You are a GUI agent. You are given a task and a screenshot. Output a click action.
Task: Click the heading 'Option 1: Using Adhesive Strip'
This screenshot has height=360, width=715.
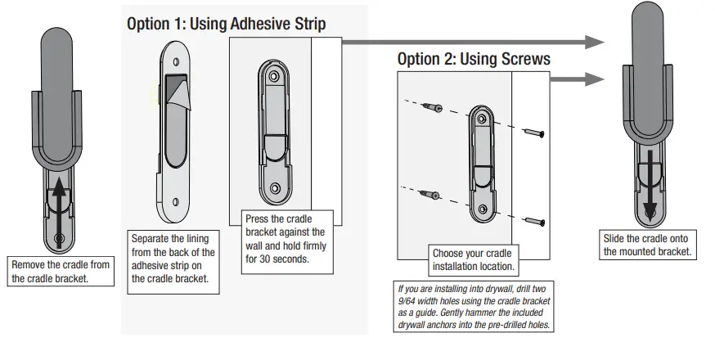[x=226, y=24]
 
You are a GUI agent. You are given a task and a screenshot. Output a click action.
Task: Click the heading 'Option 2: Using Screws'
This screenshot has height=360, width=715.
[x=474, y=59]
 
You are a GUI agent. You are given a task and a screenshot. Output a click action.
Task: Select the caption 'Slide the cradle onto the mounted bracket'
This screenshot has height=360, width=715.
[x=649, y=245]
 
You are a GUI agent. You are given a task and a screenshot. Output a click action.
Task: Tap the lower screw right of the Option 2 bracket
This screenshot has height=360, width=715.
[x=535, y=220]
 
